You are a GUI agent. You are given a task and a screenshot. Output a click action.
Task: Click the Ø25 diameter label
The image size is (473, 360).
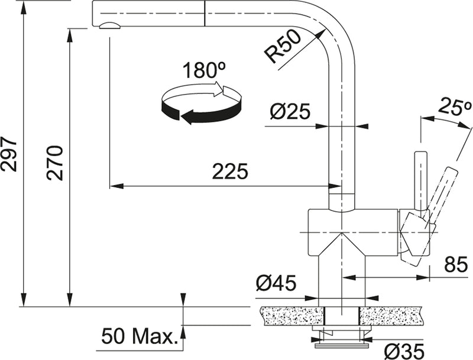pos(290,112)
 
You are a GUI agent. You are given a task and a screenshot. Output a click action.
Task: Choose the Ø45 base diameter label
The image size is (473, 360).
pos(276,284)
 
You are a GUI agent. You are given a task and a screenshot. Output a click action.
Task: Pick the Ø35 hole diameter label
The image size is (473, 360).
pos(404,349)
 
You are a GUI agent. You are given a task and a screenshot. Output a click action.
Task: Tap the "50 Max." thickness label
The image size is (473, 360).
pos(140,337)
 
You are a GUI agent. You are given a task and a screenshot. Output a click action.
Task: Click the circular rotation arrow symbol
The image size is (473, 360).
pos(201,105)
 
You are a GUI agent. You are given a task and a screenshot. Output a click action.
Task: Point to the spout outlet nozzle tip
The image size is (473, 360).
pos(109,25)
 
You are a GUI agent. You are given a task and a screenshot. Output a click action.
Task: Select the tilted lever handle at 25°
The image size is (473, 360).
pos(442,188)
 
